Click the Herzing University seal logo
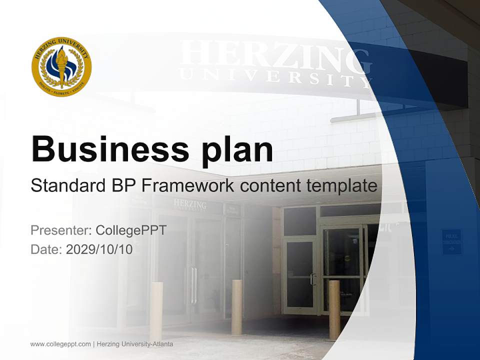point(61,66)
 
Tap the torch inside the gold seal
point(61,65)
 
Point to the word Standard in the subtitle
point(66,186)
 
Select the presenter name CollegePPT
point(131,230)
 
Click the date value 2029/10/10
point(99,249)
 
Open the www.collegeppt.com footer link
point(61,344)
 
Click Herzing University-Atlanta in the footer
point(135,344)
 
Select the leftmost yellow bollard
point(156,310)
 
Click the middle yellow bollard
point(237,306)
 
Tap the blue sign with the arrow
point(451,242)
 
